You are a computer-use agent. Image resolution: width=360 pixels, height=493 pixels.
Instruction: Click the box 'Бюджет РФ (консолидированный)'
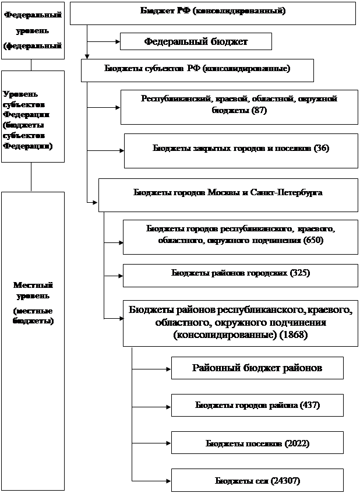213,12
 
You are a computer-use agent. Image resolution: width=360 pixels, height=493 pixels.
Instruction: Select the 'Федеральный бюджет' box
196,41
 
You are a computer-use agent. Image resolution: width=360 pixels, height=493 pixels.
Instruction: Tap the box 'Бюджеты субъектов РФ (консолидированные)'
197,69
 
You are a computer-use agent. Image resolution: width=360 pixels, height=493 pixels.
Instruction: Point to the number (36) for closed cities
321,148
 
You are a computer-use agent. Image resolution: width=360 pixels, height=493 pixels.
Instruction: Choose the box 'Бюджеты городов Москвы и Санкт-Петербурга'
228,192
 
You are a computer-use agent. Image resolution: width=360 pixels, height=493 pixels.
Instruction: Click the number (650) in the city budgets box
312,240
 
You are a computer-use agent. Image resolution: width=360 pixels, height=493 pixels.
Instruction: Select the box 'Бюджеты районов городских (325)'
240,273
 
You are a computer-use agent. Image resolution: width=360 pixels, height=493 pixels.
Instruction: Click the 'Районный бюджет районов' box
257,368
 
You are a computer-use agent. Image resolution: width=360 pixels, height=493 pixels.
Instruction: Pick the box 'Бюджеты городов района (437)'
257,405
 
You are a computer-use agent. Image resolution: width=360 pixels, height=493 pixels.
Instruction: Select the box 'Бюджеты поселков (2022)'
257,443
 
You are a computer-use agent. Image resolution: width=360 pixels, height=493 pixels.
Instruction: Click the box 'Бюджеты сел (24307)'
257,481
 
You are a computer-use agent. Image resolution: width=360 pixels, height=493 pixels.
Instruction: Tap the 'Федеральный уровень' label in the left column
33,30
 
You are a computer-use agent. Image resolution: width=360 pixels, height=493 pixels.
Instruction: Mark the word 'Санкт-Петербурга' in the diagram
290,192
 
